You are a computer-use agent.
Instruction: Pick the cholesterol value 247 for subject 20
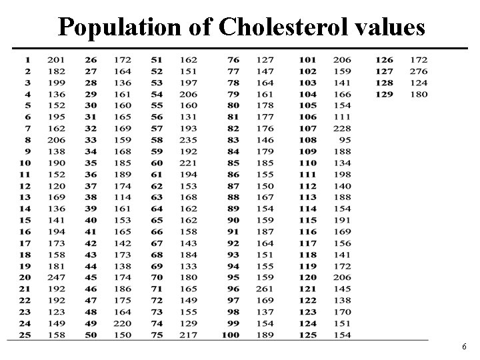[57, 277]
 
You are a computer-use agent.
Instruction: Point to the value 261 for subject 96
[265, 289]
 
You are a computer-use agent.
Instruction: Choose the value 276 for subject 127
[418, 71]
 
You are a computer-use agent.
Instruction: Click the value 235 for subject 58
[189, 140]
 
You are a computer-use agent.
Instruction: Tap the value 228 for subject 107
[342, 129]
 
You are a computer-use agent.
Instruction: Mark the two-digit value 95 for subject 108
[345, 140]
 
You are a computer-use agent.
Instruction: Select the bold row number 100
[230, 335]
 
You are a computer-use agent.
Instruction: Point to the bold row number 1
[28, 59]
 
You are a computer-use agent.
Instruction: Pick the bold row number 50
[91, 335]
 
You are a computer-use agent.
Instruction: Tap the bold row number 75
[157, 335]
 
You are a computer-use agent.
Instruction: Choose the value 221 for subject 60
[189, 163]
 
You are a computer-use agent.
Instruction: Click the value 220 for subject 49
[122, 323]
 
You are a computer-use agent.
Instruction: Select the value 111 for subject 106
[342, 117]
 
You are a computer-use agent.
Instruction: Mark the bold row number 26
[91, 59]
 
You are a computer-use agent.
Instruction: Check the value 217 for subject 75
[189, 335]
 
